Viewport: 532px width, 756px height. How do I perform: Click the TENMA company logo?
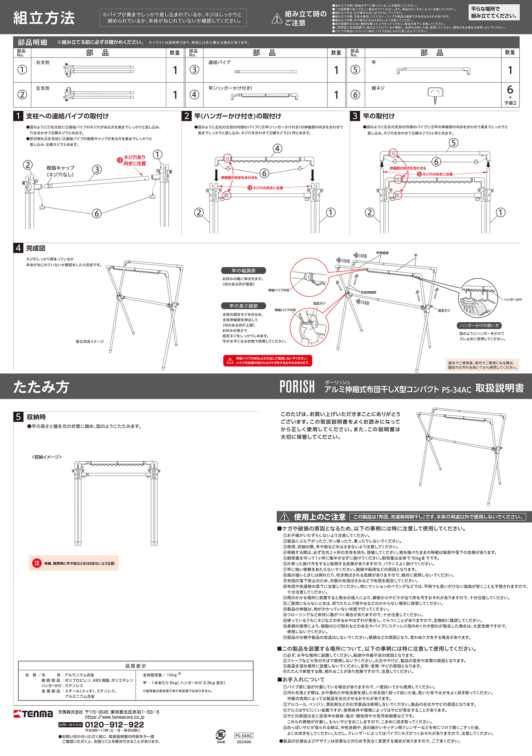[33, 714]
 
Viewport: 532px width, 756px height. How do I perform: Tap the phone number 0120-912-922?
[114, 725]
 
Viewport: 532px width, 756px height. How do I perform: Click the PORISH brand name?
[297, 387]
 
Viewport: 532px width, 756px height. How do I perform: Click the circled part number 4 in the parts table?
[194, 95]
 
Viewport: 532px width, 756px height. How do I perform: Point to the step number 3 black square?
[355, 116]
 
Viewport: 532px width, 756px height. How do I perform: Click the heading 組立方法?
[44, 18]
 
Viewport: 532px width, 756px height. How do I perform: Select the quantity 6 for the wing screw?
[510, 90]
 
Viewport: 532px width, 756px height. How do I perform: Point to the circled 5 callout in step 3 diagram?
[454, 142]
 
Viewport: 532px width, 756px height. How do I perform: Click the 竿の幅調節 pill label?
[243, 271]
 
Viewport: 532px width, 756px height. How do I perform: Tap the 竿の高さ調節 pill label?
[243, 306]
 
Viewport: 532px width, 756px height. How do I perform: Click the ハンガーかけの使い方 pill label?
[479, 325]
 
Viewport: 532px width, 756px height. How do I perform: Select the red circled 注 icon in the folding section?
[36, 563]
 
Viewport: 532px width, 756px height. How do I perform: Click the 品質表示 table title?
[135, 666]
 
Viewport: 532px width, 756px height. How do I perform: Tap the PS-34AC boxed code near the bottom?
[244, 736]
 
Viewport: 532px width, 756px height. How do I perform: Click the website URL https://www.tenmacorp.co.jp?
[115, 717]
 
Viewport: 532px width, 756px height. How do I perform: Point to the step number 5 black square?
[18, 417]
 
